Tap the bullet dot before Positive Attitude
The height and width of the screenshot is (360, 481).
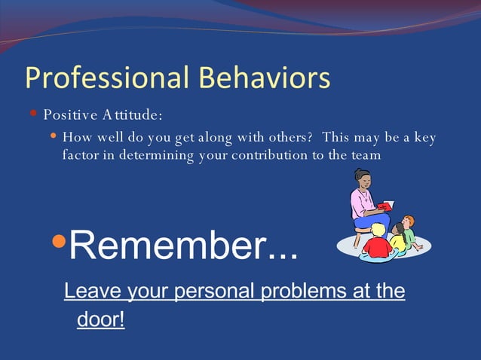pos(34,114)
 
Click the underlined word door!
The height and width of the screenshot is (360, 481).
pos(100,319)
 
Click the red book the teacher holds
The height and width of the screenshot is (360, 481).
pos(386,206)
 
